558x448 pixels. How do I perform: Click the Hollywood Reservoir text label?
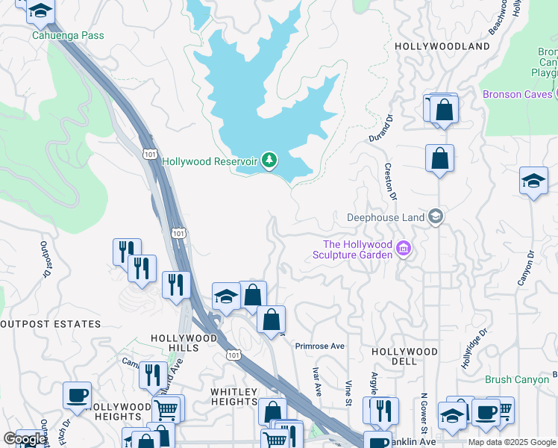[x=210, y=161]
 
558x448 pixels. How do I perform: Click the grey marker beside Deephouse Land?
[x=436, y=217]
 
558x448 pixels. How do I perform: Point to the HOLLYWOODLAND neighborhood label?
[x=442, y=46]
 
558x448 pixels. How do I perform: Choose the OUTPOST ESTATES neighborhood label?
[x=50, y=324]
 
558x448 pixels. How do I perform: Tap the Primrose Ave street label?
[x=319, y=346]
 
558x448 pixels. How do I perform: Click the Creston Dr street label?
[x=389, y=182]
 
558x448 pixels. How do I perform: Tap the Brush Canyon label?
[x=517, y=379]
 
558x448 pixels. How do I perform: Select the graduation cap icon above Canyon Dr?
[x=533, y=181]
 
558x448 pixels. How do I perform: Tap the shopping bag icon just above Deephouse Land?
[x=439, y=158]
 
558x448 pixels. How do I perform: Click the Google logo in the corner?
[x=25, y=439]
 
